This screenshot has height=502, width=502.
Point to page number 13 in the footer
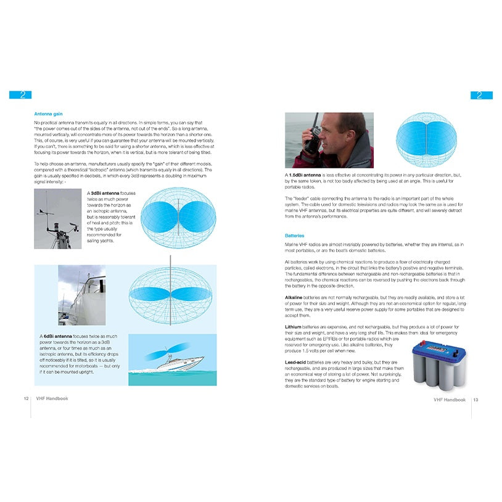(x=476, y=400)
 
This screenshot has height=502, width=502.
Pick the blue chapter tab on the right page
(x=481, y=94)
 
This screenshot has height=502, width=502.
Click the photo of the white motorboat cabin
(x=82, y=295)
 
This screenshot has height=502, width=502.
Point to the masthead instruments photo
(x=57, y=218)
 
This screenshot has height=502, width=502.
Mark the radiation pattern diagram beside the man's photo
(x=426, y=139)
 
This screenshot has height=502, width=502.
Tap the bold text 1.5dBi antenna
(x=305, y=175)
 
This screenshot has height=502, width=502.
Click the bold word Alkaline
(x=294, y=297)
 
